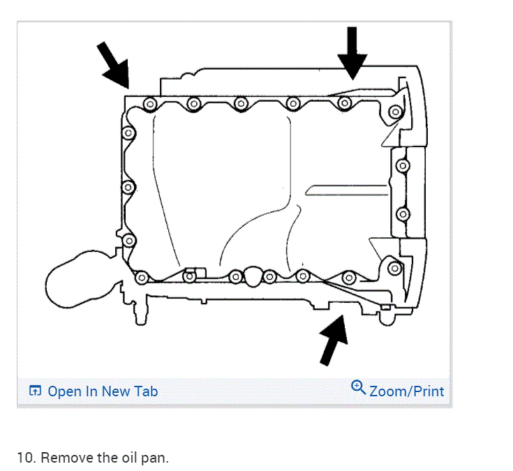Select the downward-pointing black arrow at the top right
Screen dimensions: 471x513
pyautogui.click(x=352, y=52)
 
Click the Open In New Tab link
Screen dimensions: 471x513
pyautogui.click(x=103, y=391)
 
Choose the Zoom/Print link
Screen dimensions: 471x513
pyautogui.click(x=406, y=391)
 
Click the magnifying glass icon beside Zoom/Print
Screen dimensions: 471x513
pyautogui.click(x=359, y=387)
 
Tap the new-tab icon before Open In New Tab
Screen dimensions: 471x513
pyautogui.click(x=36, y=391)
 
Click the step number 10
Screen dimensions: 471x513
pyautogui.click(x=25, y=458)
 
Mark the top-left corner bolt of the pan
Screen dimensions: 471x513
pyautogui.click(x=149, y=104)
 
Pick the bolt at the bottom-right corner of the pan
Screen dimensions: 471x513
pyautogui.click(x=394, y=268)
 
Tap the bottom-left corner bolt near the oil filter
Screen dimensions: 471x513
pyautogui.click(x=142, y=276)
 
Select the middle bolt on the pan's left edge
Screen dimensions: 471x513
pyautogui.click(x=128, y=187)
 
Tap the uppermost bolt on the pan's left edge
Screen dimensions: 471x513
pyautogui.click(x=128, y=133)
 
